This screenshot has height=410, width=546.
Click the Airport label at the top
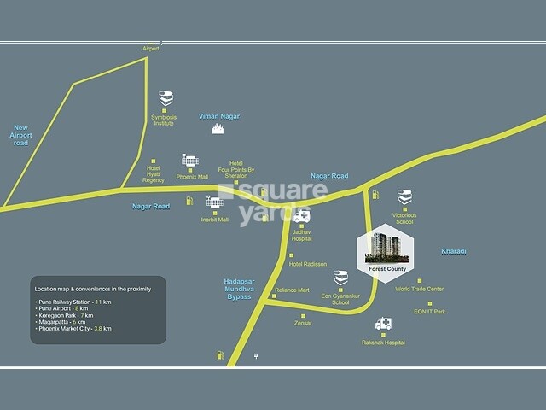151,49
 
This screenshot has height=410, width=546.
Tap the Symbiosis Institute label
163,120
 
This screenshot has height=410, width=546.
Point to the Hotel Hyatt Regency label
154,173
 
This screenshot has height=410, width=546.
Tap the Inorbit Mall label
216,220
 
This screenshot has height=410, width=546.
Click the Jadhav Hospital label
302,235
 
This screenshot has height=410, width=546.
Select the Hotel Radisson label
309,264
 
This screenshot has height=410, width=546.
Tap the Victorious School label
404,218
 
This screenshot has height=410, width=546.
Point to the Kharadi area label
452,251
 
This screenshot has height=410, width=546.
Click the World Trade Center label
419,289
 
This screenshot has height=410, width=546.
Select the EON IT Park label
429,313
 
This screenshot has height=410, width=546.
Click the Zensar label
303,324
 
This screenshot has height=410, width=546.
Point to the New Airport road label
20,134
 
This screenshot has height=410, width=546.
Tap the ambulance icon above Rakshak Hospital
384,325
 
